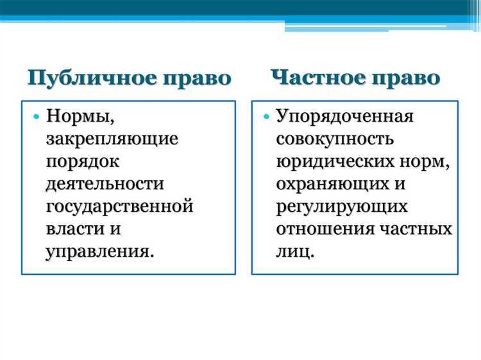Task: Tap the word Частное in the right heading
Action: point(322,78)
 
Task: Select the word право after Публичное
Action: point(199,78)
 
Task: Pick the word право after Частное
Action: point(409,78)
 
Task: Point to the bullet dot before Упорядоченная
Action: point(266,116)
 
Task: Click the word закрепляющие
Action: point(112,139)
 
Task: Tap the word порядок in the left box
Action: point(83,161)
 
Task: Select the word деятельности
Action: point(105,184)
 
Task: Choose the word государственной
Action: point(119,206)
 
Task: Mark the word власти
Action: point(73,228)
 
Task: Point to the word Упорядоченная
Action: point(344,116)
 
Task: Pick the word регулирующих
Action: point(342,206)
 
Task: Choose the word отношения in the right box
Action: point(326,228)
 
